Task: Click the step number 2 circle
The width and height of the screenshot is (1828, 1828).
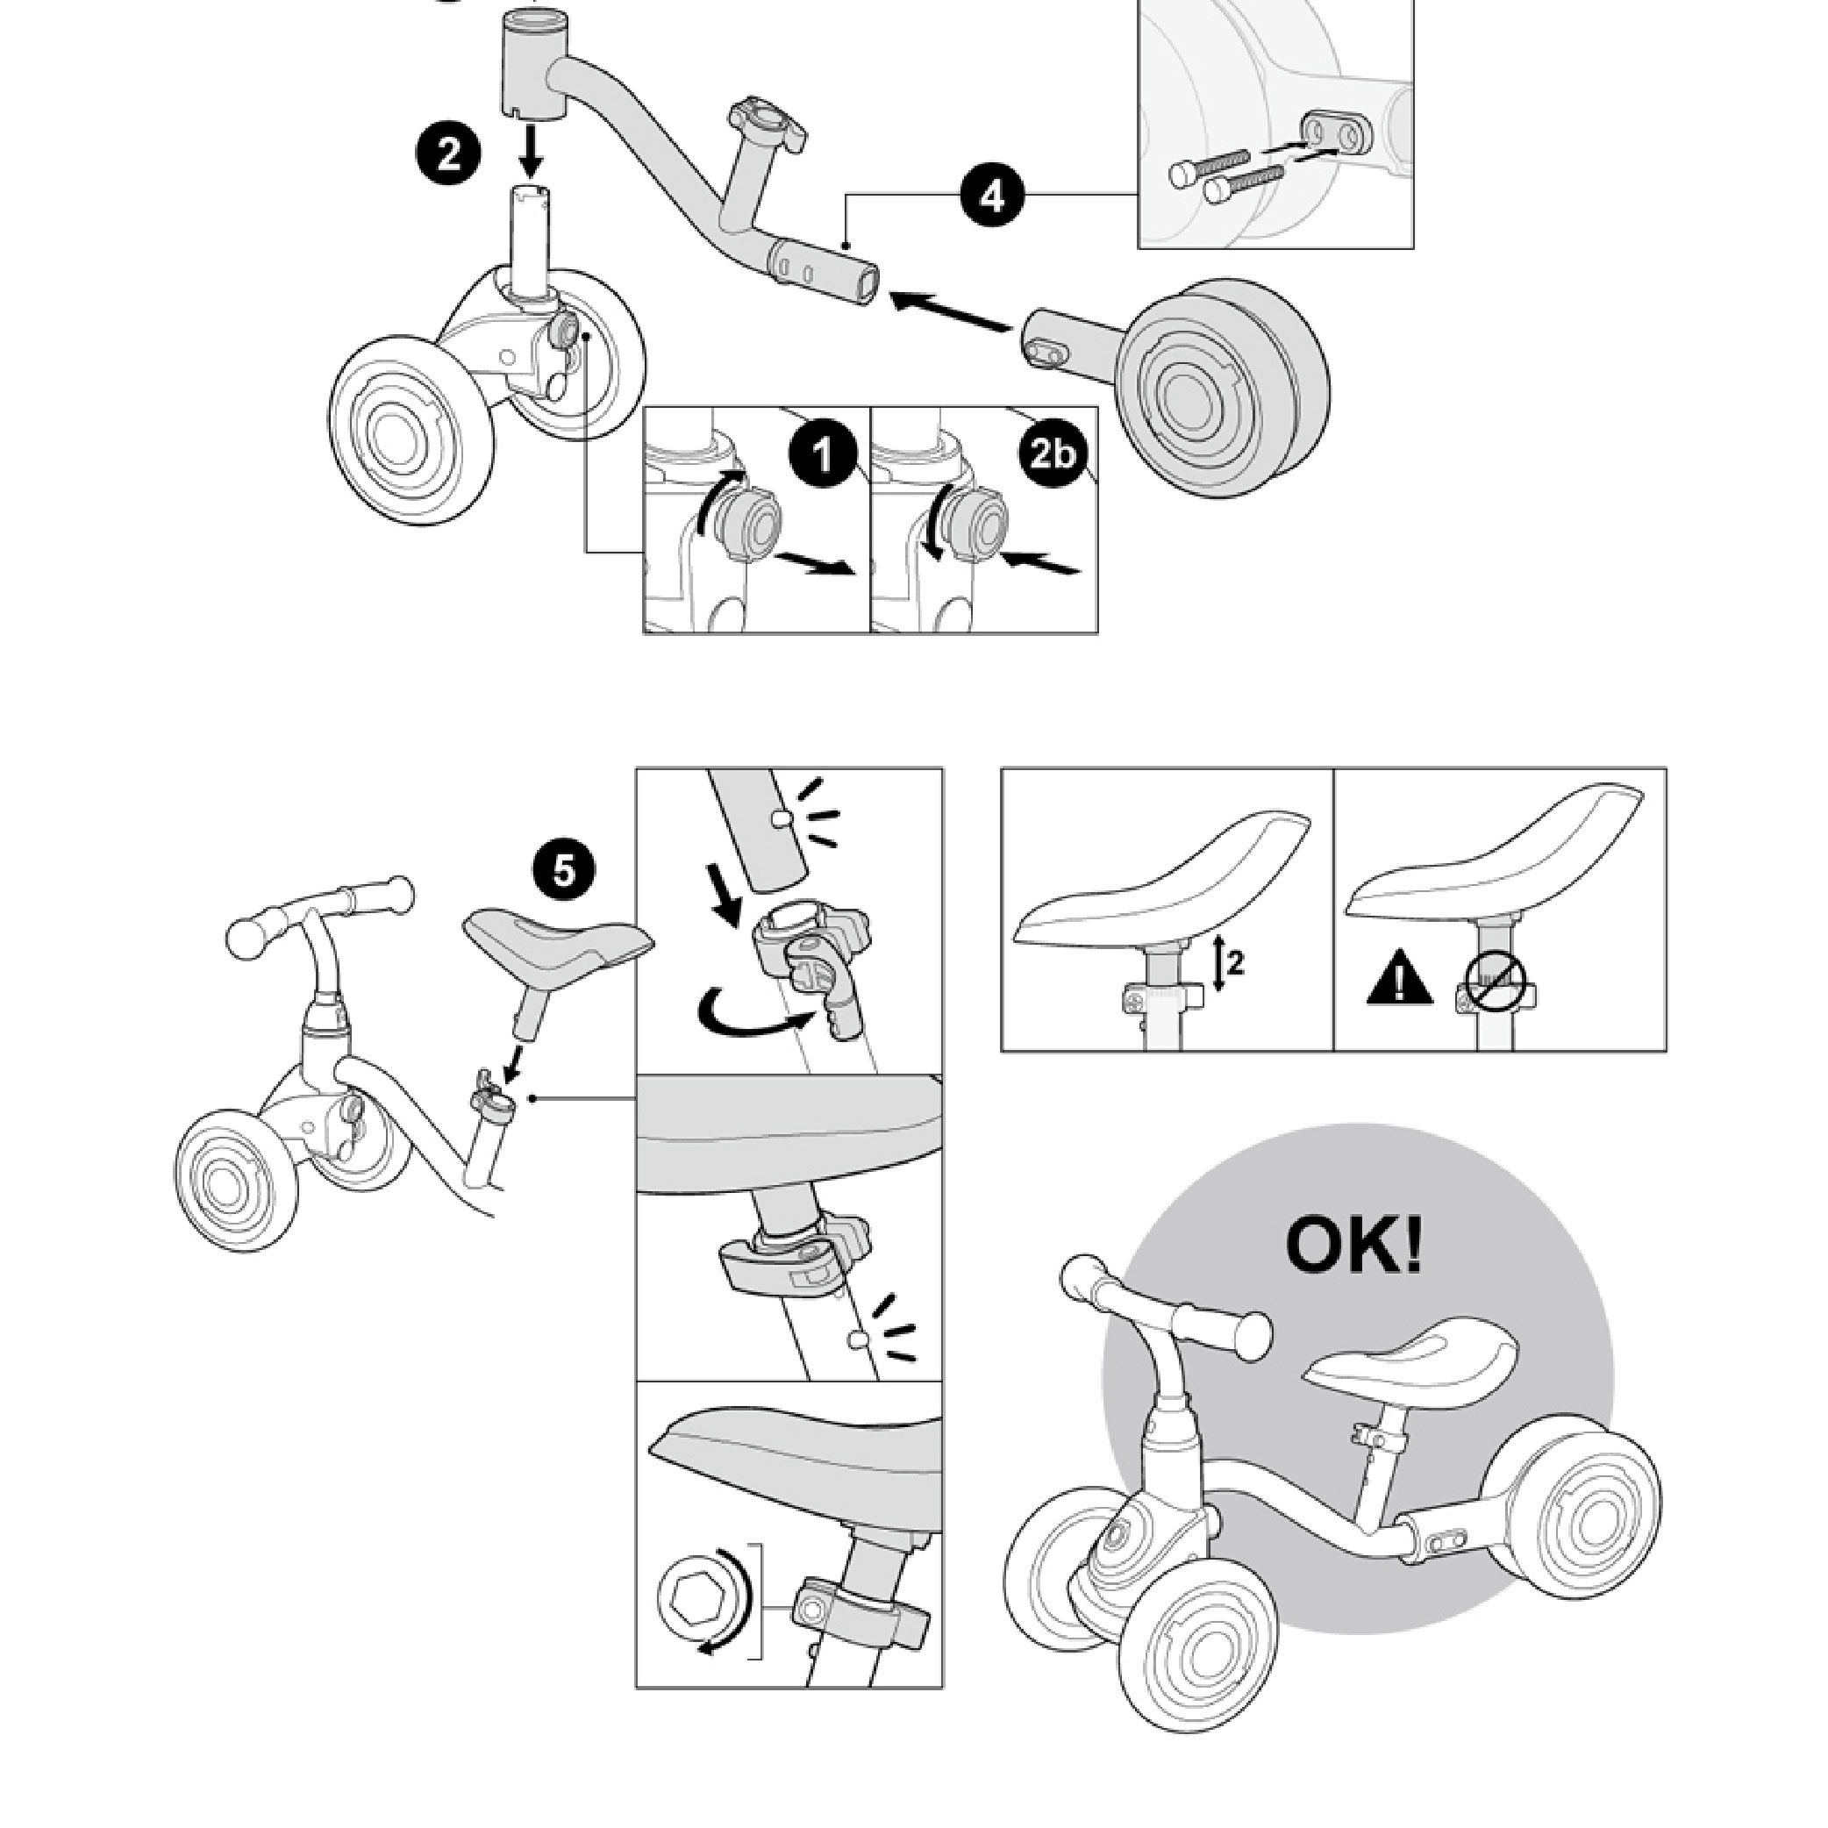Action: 447,154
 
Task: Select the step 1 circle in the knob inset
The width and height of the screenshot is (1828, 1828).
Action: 823,455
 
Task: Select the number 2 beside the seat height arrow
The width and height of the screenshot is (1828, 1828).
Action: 1235,964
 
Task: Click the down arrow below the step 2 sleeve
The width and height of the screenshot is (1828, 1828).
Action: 532,152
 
